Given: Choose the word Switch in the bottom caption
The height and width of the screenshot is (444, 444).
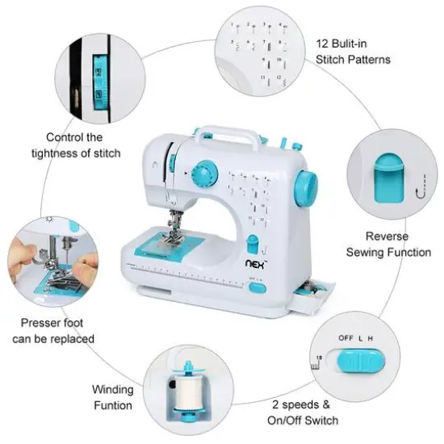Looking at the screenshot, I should (321, 420).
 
